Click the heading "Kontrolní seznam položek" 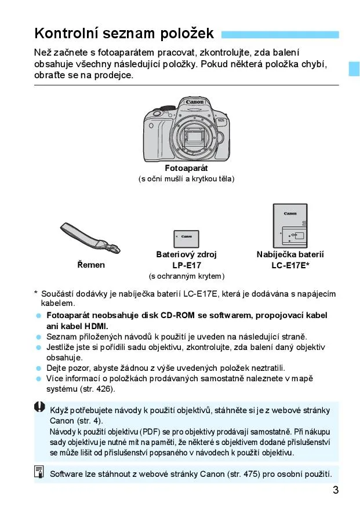coord(124,33)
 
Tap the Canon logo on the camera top coord(194,102)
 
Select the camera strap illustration coord(90,238)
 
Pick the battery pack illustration coord(186,239)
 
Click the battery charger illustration coord(290,225)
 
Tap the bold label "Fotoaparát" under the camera coord(186,168)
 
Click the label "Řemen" coord(91,265)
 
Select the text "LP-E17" coord(187,265)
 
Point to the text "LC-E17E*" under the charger coord(290,265)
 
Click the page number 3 coord(336,490)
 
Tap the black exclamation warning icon coord(40,407)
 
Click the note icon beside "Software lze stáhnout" coord(39,472)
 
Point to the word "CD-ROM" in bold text coord(177,315)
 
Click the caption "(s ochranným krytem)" coord(187,276)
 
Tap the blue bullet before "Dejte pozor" coord(39,369)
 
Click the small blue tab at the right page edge coord(354,68)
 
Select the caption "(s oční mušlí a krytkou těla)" coord(186,179)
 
